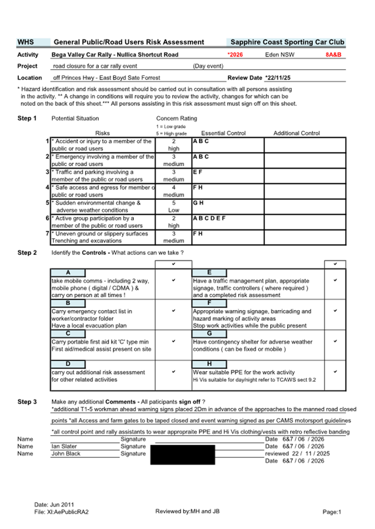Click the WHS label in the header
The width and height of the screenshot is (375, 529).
pyautogui.click(x=26, y=42)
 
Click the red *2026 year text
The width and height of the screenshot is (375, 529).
pyautogui.click(x=236, y=55)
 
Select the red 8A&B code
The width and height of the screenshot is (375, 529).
pyautogui.click(x=333, y=55)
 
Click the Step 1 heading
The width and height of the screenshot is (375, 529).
pyautogui.click(x=27, y=118)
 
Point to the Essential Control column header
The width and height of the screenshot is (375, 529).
pyautogui.click(x=223, y=133)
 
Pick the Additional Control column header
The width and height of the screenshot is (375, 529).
pyautogui.click(x=297, y=133)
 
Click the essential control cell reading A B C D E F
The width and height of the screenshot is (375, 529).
pyautogui.click(x=209, y=219)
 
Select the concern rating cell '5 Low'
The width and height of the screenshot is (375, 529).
pyautogui.click(x=173, y=207)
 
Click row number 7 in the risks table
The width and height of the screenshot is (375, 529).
pyautogui.click(x=48, y=234)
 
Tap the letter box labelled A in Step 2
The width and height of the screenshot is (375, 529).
pyautogui.click(x=67, y=273)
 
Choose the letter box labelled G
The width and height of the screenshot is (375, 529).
pyautogui.click(x=209, y=334)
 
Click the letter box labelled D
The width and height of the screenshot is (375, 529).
pyautogui.click(x=67, y=364)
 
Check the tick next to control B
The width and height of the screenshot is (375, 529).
pyautogui.click(x=173, y=311)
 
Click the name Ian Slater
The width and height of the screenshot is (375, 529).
pyautogui.click(x=64, y=446)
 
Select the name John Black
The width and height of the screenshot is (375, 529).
pyautogui.click(x=66, y=454)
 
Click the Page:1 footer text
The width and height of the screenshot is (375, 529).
pyautogui.click(x=332, y=512)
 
